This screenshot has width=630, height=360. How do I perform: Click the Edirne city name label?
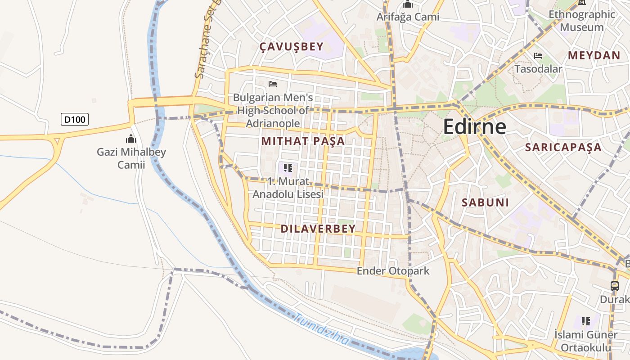click(474, 127)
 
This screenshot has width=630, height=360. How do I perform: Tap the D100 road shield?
click(75, 119)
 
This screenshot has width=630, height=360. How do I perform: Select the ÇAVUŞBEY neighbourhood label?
click(292, 47)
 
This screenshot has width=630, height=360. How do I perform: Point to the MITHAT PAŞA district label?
click(303, 141)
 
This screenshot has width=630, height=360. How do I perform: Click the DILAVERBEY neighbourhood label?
click(318, 229)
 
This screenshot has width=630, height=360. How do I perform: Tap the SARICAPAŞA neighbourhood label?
click(563, 147)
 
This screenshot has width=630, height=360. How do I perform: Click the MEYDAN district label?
click(594, 55)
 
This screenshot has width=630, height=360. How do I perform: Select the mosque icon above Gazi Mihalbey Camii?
click(131, 139)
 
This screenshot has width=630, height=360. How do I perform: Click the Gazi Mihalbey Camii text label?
click(131, 158)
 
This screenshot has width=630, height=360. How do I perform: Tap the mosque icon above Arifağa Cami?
click(408, 4)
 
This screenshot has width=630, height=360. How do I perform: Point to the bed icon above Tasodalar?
click(538, 56)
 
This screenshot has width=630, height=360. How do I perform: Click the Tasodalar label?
click(538, 69)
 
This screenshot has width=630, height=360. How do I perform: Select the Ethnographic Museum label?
click(582, 21)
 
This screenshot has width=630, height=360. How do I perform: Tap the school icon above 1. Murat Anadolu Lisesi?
click(288, 168)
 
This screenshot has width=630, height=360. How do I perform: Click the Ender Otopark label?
click(393, 271)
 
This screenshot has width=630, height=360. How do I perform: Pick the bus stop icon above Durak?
click(615, 286)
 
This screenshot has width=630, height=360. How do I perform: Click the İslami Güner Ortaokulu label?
click(585, 341)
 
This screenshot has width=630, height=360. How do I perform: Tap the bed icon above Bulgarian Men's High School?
click(273, 84)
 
